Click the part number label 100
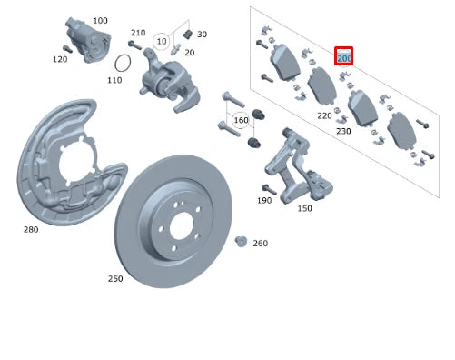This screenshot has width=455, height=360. coord(100,20)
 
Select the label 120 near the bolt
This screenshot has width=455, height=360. coord(60,59)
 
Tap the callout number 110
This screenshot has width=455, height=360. coord(114,80)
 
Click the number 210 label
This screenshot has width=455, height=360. coord(138,32)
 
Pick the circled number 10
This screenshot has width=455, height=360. coord(162,42)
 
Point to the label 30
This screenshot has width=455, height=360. coord(202,35)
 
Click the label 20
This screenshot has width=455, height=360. coord(190,52)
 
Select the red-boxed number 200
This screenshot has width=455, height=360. coord(344,57)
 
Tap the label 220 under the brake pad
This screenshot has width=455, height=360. coord(324,115)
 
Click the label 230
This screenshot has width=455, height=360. coord(343,132)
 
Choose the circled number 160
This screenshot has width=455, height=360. coord(241,120)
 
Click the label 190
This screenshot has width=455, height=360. coord(264,200)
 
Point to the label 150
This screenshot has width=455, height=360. coord(304,208)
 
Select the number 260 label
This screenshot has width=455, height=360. coord(261,244)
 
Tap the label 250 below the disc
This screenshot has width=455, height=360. coord(116,278)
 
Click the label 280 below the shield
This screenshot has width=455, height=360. coord(31,230)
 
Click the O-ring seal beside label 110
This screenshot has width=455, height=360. coord(124,63)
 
